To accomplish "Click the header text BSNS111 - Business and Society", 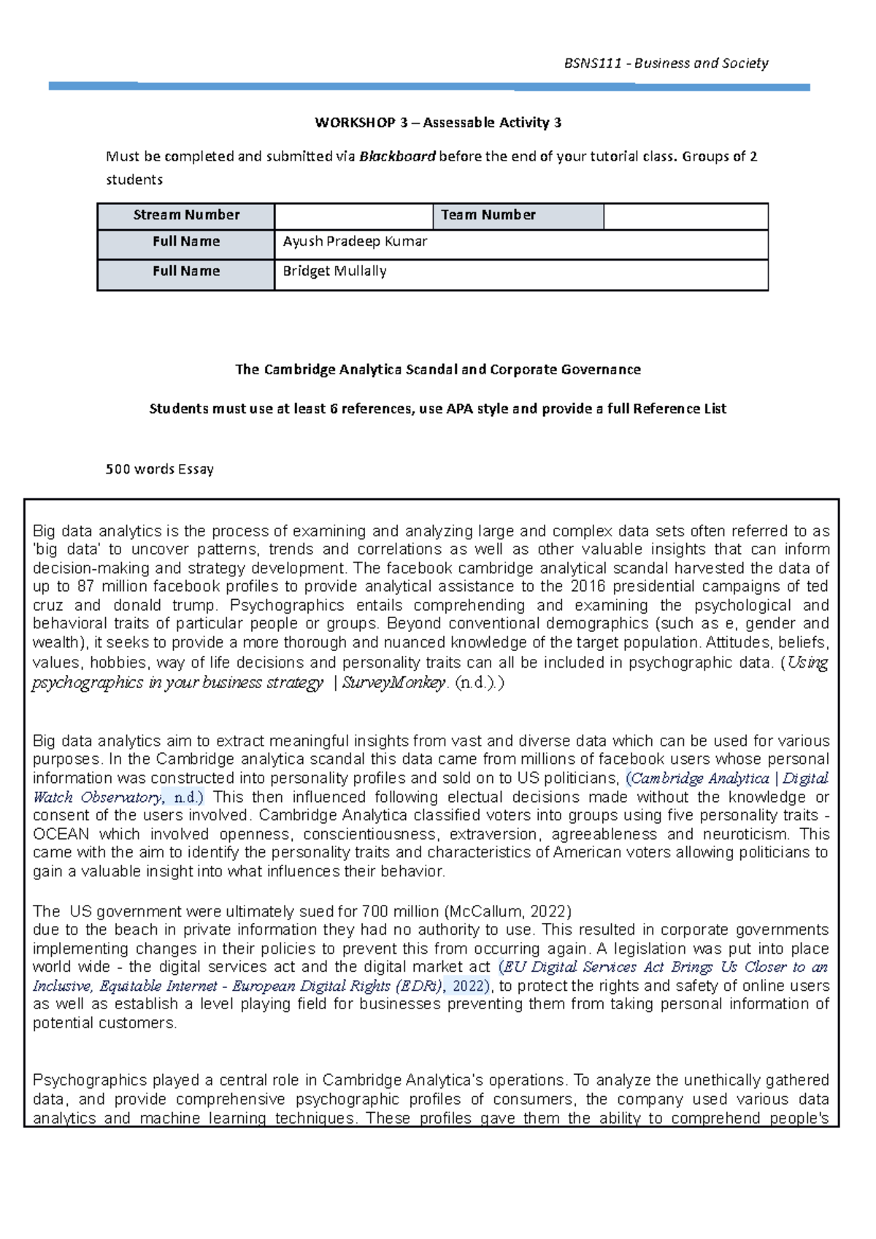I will [666, 63].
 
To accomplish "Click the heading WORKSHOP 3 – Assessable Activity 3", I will [438, 123].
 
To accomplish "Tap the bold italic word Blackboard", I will [397, 156].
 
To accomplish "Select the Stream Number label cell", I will [186, 215].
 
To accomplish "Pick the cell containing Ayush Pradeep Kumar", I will [355, 242].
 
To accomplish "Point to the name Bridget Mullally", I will [334, 271].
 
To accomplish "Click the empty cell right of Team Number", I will [685, 216].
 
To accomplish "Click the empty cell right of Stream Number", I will [354, 216].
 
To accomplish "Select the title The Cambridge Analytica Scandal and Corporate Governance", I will [438, 370].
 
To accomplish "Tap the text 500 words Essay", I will [160, 470].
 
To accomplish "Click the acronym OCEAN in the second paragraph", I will [61, 835].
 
